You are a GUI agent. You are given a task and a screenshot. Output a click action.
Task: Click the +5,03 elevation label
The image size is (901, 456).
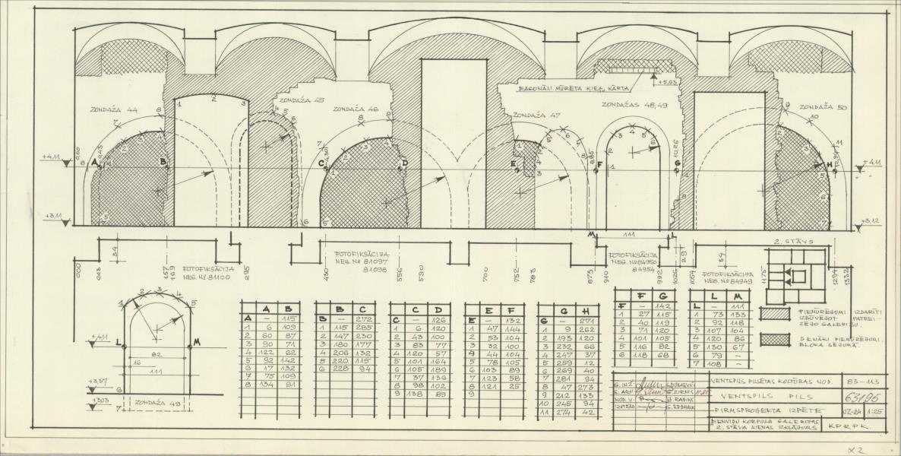pos(669,82)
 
